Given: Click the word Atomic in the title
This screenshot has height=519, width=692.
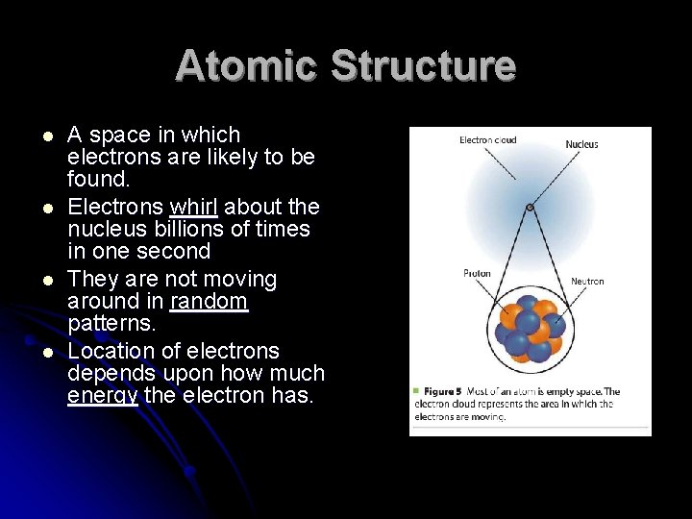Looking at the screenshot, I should coord(246,65).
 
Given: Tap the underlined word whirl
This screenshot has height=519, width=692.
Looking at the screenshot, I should coord(196,207).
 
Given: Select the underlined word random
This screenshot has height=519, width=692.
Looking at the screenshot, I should coord(209,303).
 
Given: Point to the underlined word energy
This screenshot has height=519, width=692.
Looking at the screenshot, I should coord(103,395).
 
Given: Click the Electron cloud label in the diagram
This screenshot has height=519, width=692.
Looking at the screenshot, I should coord(487,140).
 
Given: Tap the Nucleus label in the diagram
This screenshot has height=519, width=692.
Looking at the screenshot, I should coord(581,145).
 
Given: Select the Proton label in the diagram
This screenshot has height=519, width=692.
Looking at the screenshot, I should coord(477,273).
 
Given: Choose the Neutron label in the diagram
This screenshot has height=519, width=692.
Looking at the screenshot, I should coord(587,282).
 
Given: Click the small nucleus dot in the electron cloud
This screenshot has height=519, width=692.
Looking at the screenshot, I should coord(530,206).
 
